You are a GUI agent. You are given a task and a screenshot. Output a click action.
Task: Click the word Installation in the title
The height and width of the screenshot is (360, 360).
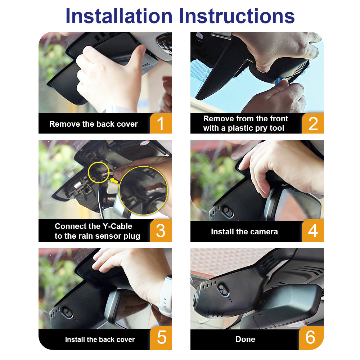[x=119, y=16]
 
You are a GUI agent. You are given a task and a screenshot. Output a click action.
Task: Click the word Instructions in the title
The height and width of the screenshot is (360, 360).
[x=237, y=16]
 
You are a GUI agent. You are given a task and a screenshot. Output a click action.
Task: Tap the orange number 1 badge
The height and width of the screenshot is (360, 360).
[x=161, y=123]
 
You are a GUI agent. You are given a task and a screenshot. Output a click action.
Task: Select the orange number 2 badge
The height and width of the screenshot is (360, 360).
[x=313, y=123]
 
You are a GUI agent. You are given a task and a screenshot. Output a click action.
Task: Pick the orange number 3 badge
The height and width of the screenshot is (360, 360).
[x=161, y=230]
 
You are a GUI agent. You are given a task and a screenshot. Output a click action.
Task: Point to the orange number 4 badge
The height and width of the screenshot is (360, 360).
[x=313, y=230]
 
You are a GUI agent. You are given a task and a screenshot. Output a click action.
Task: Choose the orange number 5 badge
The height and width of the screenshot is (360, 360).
[x=161, y=338]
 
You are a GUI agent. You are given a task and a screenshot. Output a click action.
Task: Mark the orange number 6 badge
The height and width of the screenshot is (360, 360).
[x=311, y=338]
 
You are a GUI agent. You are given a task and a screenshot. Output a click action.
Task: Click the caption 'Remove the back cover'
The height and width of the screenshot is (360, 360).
[x=94, y=124]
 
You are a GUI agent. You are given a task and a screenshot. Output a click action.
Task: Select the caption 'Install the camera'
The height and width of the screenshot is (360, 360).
[x=244, y=231]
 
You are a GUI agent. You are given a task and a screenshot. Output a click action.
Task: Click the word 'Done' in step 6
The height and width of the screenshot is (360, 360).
[x=245, y=339]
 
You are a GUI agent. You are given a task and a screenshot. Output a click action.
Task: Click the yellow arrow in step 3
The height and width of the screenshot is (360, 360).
[x=114, y=181]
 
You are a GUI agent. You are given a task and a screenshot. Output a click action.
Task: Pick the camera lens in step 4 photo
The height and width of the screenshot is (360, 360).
[x=228, y=211]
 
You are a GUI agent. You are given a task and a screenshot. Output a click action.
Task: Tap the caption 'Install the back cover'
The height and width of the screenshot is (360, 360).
[x=100, y=339]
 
